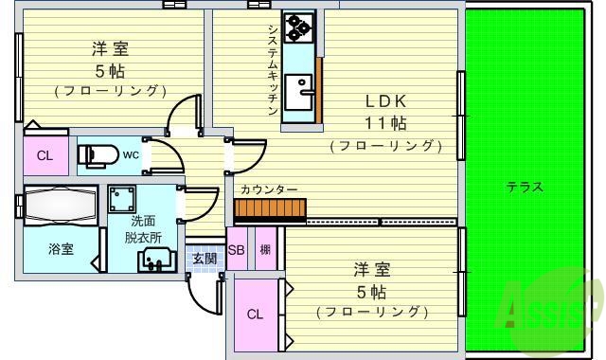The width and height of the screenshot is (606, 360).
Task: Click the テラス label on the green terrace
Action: (525, 187)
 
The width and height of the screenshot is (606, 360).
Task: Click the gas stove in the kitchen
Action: (299, 28)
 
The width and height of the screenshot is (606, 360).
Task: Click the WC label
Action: (131, 154)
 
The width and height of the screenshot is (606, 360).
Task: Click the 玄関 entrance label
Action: (205, 257)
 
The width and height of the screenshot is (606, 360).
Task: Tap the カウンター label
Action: (269, 189)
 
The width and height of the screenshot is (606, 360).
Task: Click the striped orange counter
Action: (270, 209)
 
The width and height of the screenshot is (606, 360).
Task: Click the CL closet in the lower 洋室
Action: (255, 315)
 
